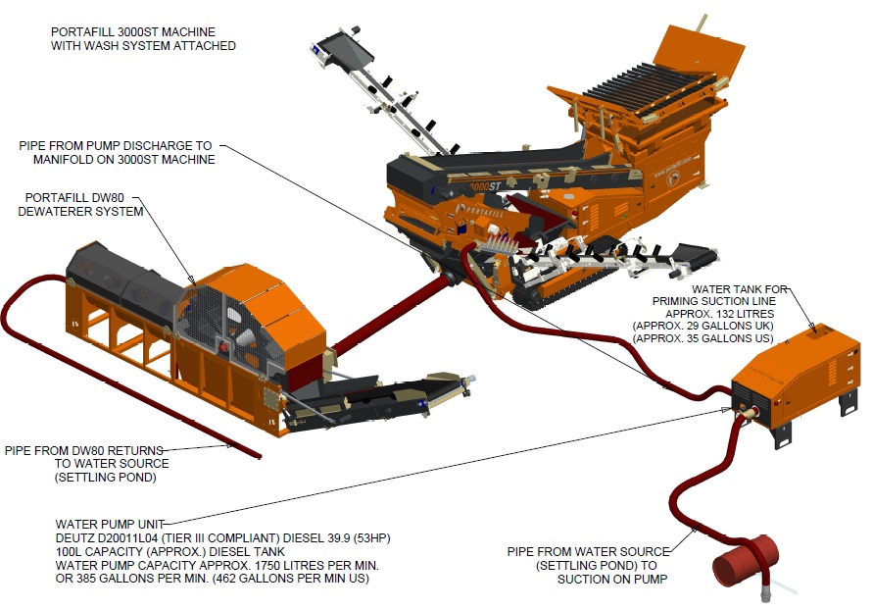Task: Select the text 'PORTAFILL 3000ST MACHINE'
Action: point(129,31)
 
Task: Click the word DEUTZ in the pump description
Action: point(75,538)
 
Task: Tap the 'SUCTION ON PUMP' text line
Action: point(613,579)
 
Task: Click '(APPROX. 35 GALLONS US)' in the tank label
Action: point(702,338)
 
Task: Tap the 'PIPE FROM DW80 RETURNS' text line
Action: point(84,450)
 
